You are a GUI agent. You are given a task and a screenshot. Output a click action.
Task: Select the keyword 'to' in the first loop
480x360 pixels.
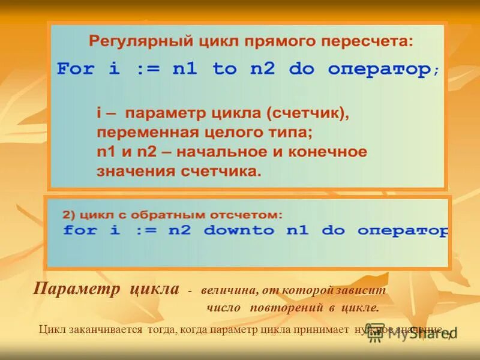[224, 69]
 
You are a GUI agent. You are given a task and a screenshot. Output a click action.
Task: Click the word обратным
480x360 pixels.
[150, 214]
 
